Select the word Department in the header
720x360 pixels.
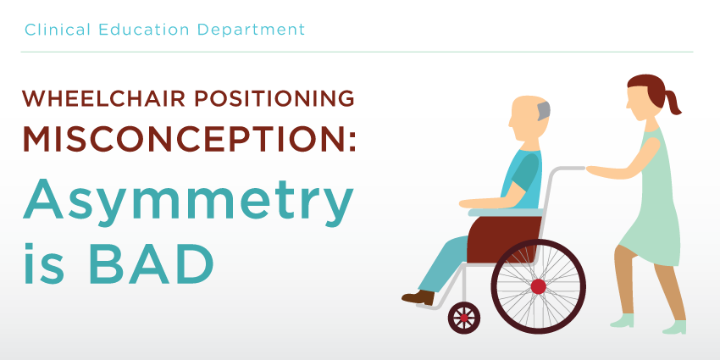[252, 30]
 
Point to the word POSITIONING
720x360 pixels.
[274, 99]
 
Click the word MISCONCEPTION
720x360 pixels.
[189, 138]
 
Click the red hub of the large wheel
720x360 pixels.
[538, 286]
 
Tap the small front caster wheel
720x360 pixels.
[464, 318]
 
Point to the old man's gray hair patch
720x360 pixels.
[544, 111]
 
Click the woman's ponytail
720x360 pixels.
[673, 102]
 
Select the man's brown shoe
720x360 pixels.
[418, 297]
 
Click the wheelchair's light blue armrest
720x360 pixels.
[505, 212]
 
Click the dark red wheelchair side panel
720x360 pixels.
[504, 240]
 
